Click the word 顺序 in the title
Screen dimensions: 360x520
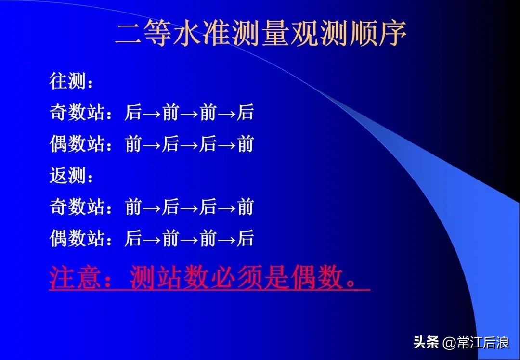(x=378, y=34)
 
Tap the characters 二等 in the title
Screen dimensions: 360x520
(x=144, y=34)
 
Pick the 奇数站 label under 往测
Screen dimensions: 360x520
(x=77, y=113)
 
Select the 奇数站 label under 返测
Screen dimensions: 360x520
(x=77, y=207)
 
